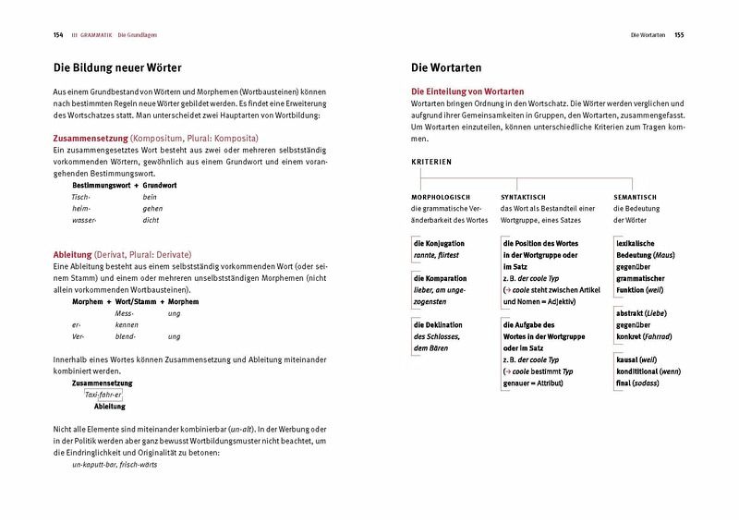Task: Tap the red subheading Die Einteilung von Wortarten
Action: [467, 91]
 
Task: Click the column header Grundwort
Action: [160, 185]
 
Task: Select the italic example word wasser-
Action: [85, 221]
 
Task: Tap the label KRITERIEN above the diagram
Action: [431, 162]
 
